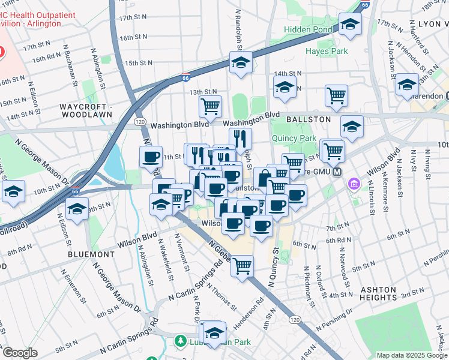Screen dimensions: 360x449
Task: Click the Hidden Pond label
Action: pyautogui.click(x=309, y=29)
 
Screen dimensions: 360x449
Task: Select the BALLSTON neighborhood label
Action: pyautogui.click(x=309, y=119)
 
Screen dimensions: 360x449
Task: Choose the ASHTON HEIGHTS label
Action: pyautogui.click(x=378, y=293)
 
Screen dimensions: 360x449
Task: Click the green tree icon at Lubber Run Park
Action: pyautogui.click(x=180, y=341)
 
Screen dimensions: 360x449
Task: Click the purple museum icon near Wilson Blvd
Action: pyautogui.click(x=354, y=182)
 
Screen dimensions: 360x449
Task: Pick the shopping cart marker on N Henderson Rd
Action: pyautogui.click(x=243, y=266)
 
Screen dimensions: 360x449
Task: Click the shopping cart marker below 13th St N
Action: pyautogui.click(x=210, y=107)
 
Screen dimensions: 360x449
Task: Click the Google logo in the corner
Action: pyautogui.click(x=19, y=353)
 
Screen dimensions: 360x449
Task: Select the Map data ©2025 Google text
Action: pyautogui.click(x=411, y=355)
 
